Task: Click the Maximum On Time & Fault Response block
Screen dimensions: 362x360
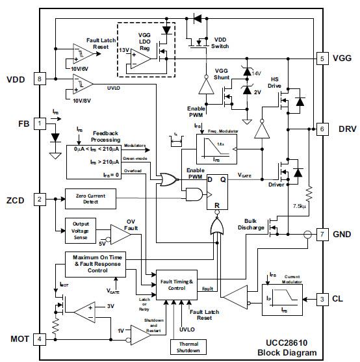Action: pos(98,264)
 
